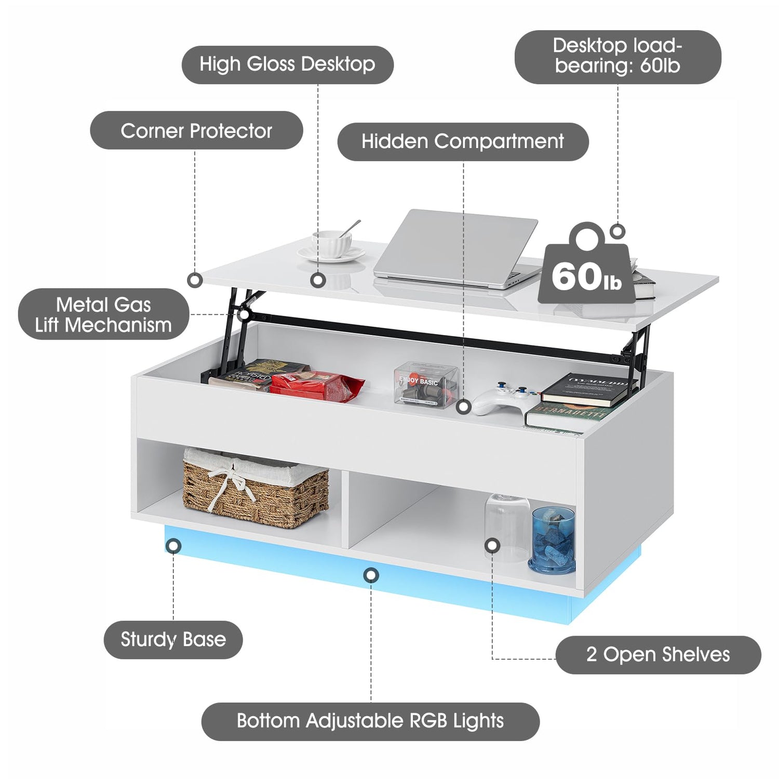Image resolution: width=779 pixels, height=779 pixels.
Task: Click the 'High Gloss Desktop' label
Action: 287,65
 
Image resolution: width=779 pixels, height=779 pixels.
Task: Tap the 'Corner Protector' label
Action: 196,130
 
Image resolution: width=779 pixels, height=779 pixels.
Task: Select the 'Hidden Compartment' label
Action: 462,141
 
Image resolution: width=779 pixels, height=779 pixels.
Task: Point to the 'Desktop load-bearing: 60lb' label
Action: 617,56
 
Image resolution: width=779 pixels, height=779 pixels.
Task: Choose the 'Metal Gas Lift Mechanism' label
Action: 104,314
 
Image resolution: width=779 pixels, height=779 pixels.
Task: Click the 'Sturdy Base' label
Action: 173,639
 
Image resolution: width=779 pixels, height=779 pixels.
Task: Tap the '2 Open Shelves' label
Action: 657,654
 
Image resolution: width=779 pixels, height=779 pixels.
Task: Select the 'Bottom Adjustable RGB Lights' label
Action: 370,721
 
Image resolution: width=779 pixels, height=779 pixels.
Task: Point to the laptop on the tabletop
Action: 457,249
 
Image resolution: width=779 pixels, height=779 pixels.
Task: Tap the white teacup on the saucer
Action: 331,244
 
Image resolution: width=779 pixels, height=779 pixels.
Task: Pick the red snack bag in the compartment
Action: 317,387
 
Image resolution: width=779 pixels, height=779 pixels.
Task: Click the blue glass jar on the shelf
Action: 553,540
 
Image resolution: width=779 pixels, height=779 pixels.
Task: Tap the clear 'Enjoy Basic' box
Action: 425,385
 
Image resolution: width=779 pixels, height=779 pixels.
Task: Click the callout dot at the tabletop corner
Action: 195,280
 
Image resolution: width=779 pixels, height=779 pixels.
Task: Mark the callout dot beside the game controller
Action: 464,407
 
